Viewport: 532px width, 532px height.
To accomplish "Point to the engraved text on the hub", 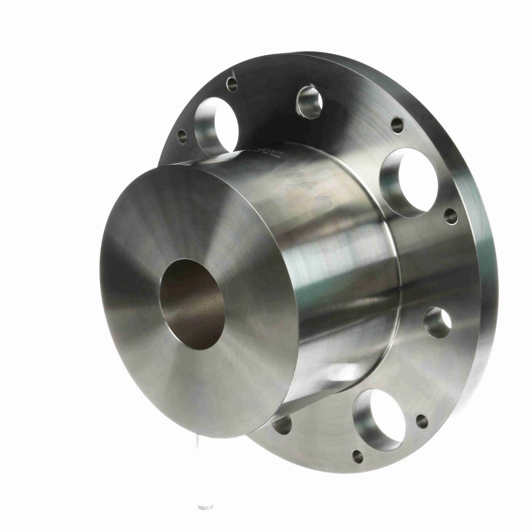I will [x=262, y=153].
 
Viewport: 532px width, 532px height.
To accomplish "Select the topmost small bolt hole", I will [x=232, y=82].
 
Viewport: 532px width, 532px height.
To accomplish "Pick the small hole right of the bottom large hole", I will [x=422, y=421].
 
